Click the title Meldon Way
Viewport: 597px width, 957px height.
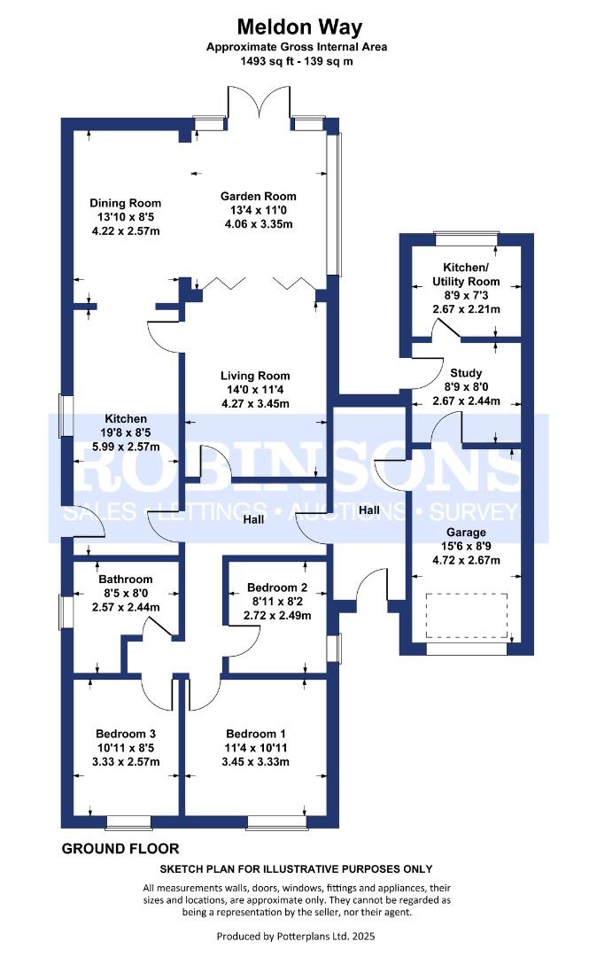pyautogui.click(x=299, y=27)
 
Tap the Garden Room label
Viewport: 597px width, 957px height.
pyautogui.click(x=258, y=197)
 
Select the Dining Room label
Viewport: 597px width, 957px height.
pyautogui.click(x=126, y=203)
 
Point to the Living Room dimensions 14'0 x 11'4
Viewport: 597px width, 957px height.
pyautogui.click(x=255, y=389)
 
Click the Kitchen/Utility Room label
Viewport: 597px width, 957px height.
pyautogui.click(x=466, y=274)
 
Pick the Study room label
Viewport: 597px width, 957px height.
pyautogui.click(x=466, y=372)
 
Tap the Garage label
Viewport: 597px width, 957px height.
pyautogui.click(x=466, y=533)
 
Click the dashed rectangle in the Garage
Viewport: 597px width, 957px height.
pyautogui.click(x=467, y=615)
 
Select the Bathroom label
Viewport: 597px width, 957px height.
pyautogui.click(x=126, y=580)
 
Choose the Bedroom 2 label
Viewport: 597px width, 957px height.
pyautogui.click(x=277, y=587)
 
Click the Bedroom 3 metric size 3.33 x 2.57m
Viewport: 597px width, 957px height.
pyautogui.click(x=126, y=762)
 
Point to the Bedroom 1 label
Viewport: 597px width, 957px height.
pyautogui.click(x=255, y=735)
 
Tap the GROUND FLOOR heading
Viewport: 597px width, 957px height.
pyautogui.click(x=120, y=849)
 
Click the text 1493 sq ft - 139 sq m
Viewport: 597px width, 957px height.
pyautogui.click(x=297, y=61)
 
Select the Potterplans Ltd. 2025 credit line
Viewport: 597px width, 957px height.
pyautogui.click(x=297, y=937)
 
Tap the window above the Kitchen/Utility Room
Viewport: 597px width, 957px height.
pyautogui.click(x=467, y=238)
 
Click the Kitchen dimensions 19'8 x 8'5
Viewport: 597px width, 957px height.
pyautogui.click(x=126, y=432)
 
